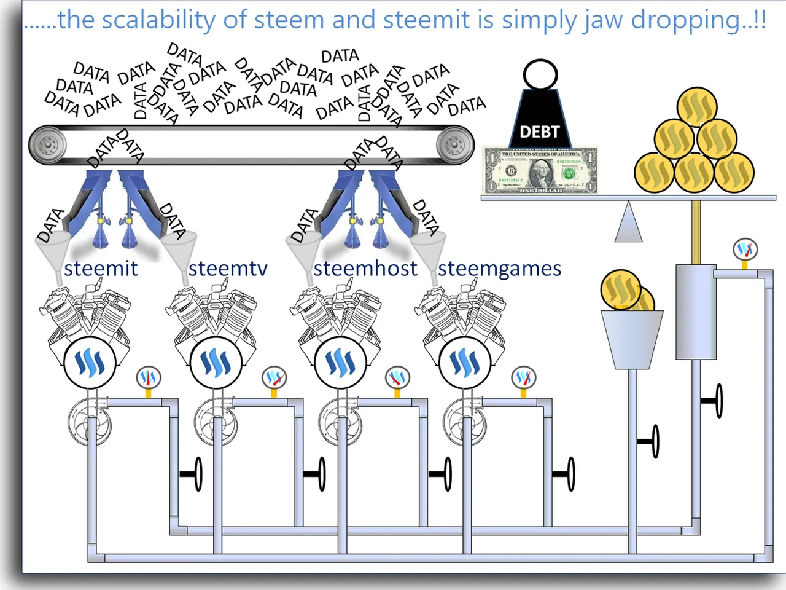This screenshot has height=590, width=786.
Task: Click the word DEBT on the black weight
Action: click(540, 132)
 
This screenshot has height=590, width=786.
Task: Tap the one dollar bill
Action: click(540, 170)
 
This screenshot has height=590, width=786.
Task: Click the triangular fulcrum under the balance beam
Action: click(628, 222)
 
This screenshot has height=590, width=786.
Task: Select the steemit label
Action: click(101, 269)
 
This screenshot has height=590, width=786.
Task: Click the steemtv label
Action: click(228, 269)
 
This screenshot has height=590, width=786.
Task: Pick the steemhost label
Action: click(365, 269)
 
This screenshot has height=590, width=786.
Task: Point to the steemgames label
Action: click(499, 269)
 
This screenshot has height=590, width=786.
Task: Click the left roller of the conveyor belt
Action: click(47, 146)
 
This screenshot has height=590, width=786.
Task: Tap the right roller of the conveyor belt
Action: click(455, 146)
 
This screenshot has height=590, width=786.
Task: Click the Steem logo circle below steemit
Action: click(90, 363)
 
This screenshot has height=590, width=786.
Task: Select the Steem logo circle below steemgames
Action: click(465, 363)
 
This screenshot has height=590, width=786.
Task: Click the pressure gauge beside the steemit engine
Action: click(148, 377)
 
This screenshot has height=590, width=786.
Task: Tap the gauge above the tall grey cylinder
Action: click(745, 250)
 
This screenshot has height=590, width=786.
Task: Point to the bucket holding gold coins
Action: click(632, 338)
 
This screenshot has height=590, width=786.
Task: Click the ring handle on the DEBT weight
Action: click(540, 75)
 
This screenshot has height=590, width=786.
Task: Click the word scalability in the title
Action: click(158, 20)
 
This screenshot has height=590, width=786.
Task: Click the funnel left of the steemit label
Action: click(52, 252)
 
